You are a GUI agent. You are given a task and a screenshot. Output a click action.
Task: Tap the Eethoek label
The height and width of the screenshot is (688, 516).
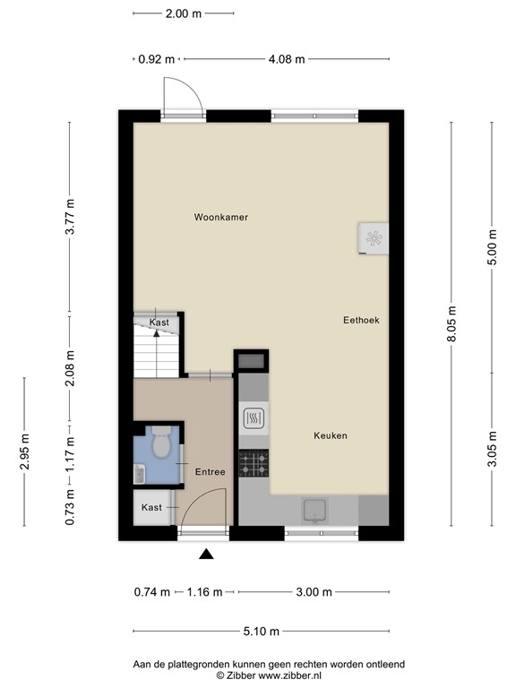coord(360,320)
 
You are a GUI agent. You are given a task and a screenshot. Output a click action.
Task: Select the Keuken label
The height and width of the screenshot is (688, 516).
coord(330,436)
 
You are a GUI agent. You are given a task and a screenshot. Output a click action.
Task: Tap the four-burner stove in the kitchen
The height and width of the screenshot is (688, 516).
coord(253,463)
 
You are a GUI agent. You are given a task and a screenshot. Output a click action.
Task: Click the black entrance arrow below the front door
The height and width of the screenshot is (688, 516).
coord(206,555)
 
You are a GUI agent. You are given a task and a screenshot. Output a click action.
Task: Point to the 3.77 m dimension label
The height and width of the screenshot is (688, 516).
coord(70,217)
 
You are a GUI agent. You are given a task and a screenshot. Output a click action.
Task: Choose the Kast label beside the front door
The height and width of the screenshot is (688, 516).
coord(152,507)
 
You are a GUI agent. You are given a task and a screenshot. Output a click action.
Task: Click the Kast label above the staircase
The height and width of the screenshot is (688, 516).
coord(159,322)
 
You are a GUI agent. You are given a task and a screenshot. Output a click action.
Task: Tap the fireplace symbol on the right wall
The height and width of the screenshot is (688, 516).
coord(373,237)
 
